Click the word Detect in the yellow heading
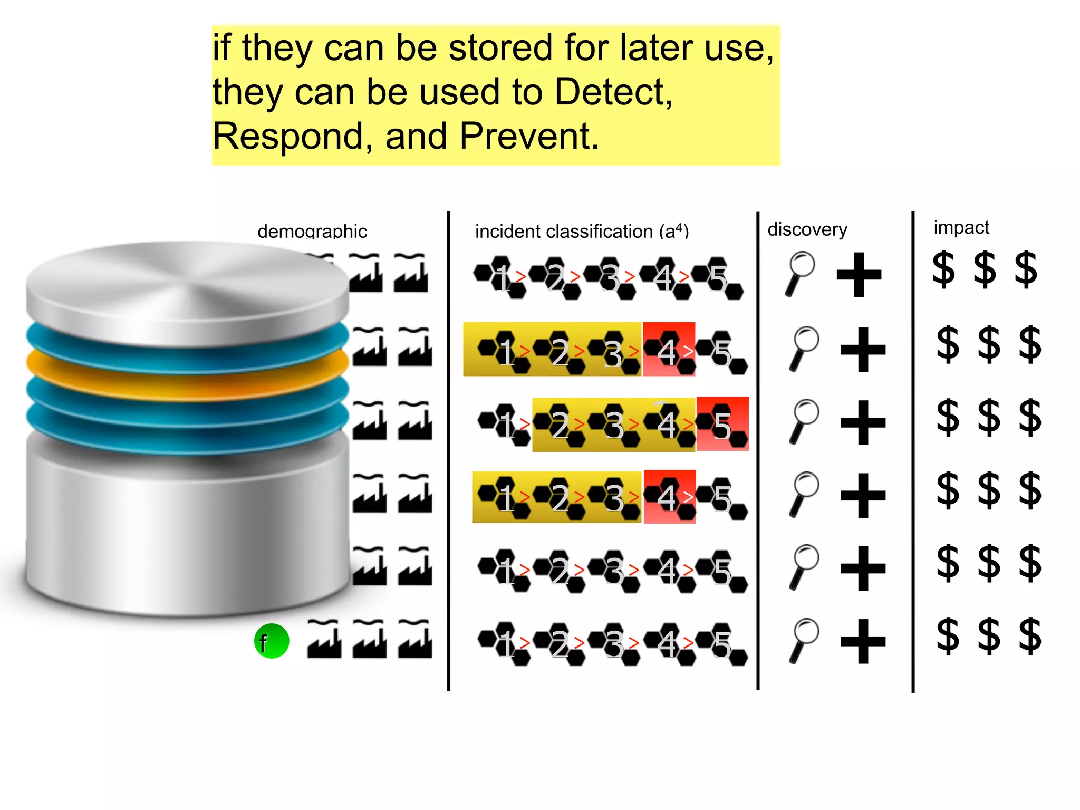coord(613,92)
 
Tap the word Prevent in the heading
coord(528,137)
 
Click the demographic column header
coord(312,231)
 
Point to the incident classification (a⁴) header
coord(582,231)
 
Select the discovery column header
coord(807,229)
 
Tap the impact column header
coord(961,227)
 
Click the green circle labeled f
coord(272,641)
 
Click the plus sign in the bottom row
coord(863,641)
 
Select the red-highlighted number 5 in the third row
coord(722,425)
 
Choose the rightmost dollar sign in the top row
coord(1026,269)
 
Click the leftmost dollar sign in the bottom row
coord(948,637)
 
